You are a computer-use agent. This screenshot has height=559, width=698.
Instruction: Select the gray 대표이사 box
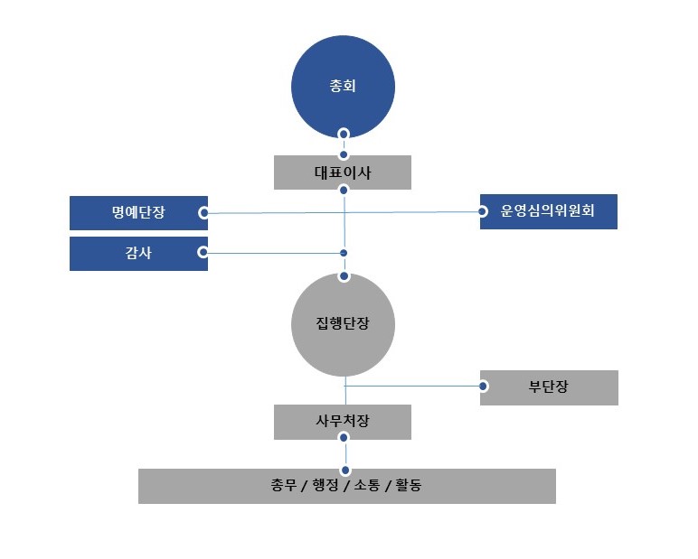[343, 172]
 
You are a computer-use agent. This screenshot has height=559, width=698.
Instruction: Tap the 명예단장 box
[138, 213]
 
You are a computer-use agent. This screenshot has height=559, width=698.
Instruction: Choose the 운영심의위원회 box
[549, 211]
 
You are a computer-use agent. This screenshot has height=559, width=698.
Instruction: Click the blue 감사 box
[138, 254]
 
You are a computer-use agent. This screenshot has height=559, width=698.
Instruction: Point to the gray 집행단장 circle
[343, 325]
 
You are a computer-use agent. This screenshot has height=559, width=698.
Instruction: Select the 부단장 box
[549, 387]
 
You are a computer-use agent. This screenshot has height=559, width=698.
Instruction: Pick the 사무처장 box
[343, 422]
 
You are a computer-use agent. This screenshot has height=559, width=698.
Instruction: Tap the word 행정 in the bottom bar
[325, 486]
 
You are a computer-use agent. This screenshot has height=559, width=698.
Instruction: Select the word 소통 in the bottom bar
[366, 486]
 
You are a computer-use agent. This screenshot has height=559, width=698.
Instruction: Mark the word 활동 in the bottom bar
[409, 486]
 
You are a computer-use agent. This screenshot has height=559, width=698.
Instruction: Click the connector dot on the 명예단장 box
[203, 213]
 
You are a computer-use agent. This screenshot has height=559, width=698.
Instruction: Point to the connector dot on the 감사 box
[203, 252]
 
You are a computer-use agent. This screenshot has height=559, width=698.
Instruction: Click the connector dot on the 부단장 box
[484, 387]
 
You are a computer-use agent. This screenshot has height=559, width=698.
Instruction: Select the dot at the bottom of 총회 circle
[344, 134]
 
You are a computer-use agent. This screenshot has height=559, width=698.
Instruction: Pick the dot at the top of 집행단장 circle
[344, 276]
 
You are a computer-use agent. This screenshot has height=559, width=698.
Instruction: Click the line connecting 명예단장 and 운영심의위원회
[271, 213]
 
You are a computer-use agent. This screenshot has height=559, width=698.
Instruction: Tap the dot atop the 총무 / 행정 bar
[344, 470]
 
